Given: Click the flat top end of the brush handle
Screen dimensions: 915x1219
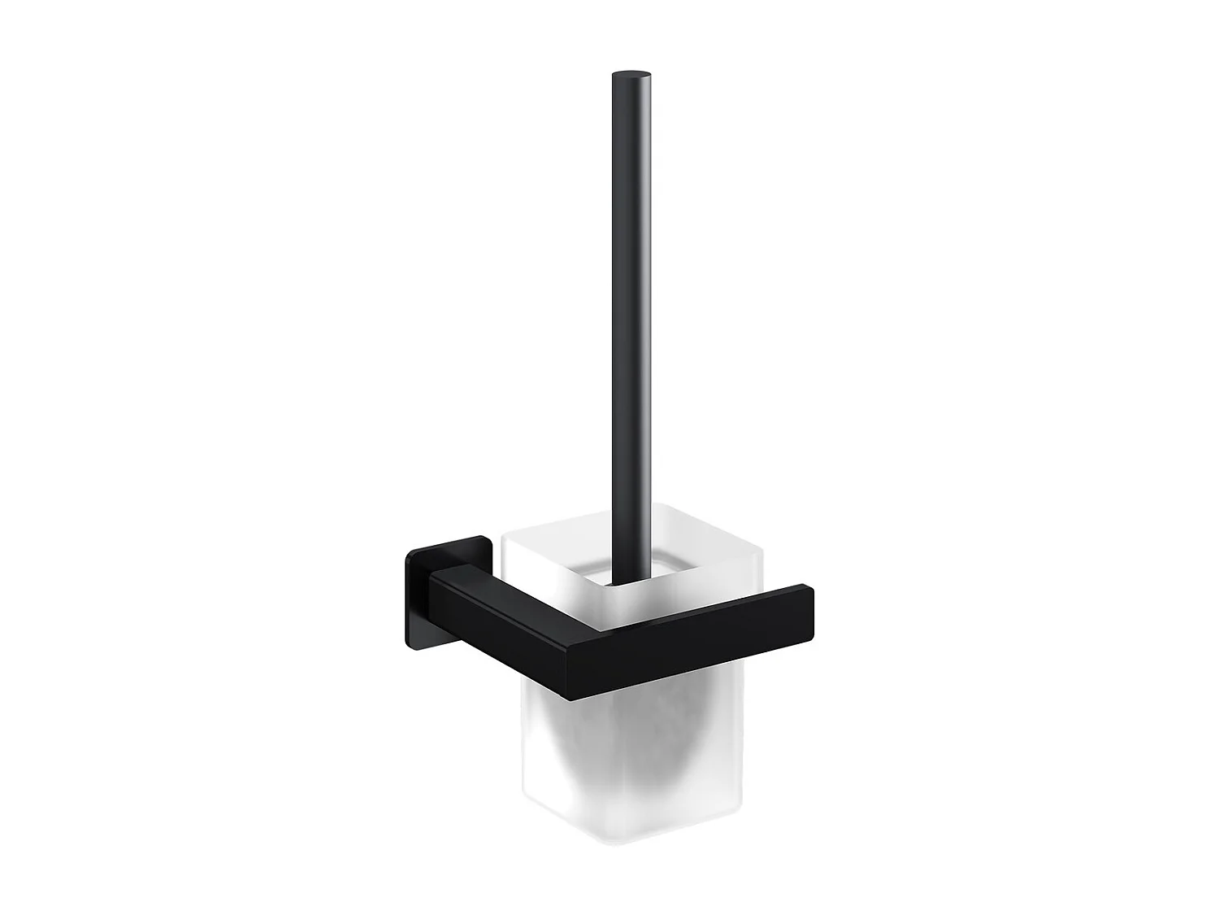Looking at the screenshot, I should pos(631,76).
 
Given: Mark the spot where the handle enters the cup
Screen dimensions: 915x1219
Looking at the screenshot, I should pos(621,579).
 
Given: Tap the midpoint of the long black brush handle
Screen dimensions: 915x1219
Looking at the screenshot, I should pos(631,325).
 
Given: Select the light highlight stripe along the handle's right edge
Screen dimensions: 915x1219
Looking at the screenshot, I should pos(647,325).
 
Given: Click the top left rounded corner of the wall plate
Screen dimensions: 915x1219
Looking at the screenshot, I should pos(409,551).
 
